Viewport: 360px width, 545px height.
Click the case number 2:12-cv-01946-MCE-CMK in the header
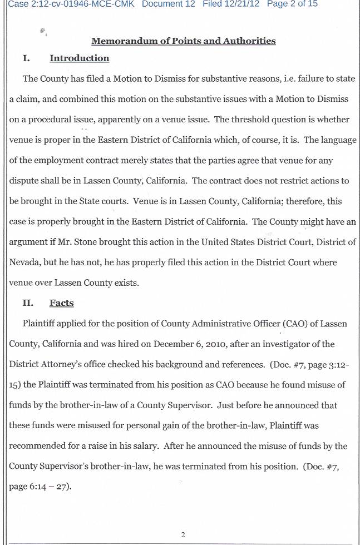pos(78,4)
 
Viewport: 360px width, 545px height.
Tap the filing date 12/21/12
pos(241,4)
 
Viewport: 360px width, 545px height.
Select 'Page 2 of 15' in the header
pos(293,4)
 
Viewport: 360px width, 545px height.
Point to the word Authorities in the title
pos(249,41)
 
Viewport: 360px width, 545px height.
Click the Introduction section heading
pos(80,58)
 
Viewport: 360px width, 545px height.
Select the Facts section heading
pos(62,303)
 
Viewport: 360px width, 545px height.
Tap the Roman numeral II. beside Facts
pos(28,303)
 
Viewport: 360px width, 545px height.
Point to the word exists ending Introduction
pos(125,283)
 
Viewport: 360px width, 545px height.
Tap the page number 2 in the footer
pos(183,535)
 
